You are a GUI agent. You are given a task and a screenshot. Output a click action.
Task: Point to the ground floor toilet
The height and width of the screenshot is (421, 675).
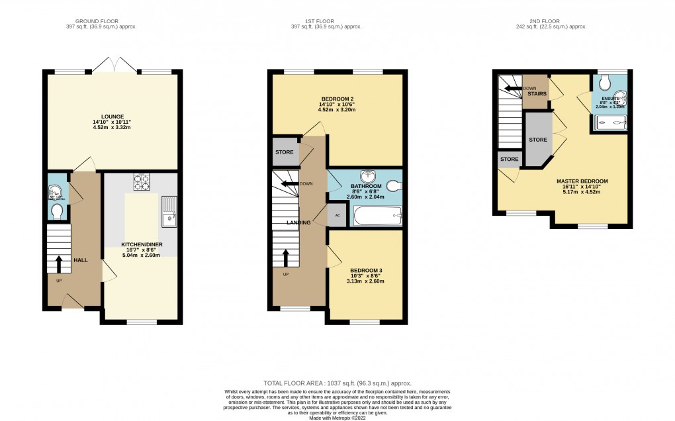click(x=58, y=211)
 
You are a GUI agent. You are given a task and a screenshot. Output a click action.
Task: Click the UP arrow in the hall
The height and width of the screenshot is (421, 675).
click(x=58, y=263)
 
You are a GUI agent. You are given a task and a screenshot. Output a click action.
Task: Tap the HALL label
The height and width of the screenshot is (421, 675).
click(x=80, y=260)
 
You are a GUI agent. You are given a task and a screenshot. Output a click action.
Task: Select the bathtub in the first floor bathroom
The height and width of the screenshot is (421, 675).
click(x=377, y=216)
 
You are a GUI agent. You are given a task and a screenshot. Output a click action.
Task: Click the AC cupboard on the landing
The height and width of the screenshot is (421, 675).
click(x=337, y=216)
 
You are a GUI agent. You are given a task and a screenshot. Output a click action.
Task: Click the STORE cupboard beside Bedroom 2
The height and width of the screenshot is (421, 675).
click(x=284, y=152)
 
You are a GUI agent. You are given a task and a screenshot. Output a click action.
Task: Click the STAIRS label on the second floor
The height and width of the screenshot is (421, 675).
click(x=537, y=94)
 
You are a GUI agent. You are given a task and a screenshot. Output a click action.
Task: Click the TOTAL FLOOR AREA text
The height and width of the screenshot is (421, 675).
click(x=337, y=383)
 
